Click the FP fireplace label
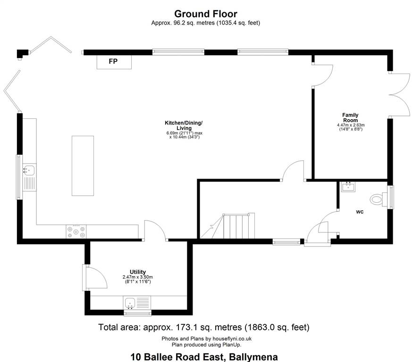pos(113,61)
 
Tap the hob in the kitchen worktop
pos(76,231)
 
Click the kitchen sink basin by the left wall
pos(29,170)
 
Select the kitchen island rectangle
pos(83,166)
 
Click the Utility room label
pos(138,272)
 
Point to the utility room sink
pos(130,303)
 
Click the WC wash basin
pos(348,187)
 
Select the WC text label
pos(360,212)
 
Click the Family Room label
pos(350,117)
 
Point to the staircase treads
pos(236,226)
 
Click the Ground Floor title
pos(206,14)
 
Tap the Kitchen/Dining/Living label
pos(184,125)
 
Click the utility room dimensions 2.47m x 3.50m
pos(138,277)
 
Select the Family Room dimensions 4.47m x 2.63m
pos(351,125)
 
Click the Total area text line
pos(203,327)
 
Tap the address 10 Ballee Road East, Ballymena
pos(204,357)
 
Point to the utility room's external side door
pos(95,278)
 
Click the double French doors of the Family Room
pos(400,95)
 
